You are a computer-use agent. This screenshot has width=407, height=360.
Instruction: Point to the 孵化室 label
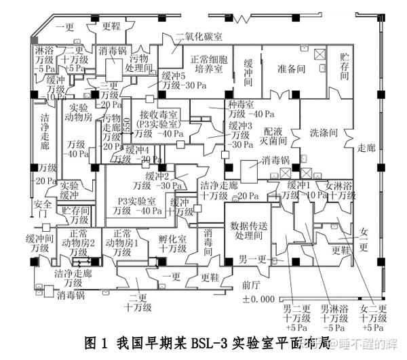click(172, 239)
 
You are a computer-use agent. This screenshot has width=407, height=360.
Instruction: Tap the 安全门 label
click(42, 209)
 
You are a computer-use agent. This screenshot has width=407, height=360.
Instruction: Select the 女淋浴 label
click(339, 185)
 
